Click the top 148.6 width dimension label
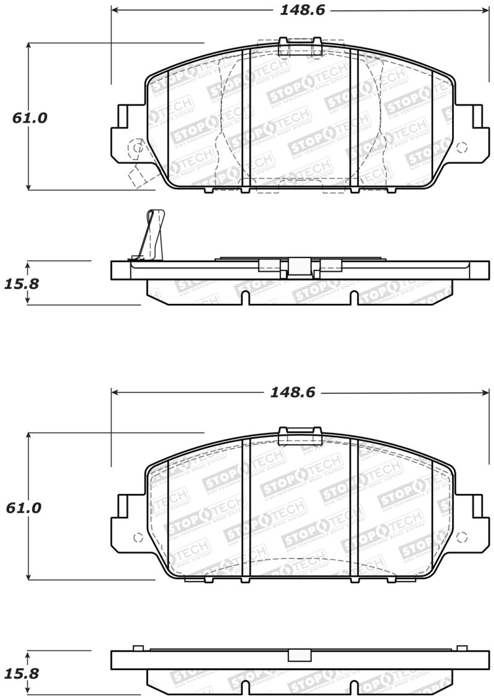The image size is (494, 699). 301,10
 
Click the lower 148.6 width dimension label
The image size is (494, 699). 293,393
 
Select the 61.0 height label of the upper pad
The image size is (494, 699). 30,117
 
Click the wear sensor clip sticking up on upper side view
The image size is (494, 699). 153,235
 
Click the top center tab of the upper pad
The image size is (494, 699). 301,47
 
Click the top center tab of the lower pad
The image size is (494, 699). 301,435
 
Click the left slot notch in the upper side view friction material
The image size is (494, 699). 245,298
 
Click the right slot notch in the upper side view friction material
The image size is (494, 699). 354,298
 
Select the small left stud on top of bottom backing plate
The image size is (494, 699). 138,648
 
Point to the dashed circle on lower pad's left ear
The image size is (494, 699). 138,536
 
